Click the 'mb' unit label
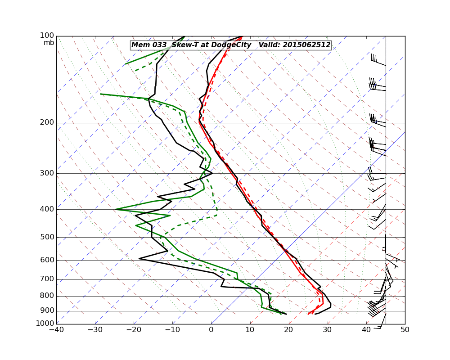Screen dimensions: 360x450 49,43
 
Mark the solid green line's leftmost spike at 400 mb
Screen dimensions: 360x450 116,209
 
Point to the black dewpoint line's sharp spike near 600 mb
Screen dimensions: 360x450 139,259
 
